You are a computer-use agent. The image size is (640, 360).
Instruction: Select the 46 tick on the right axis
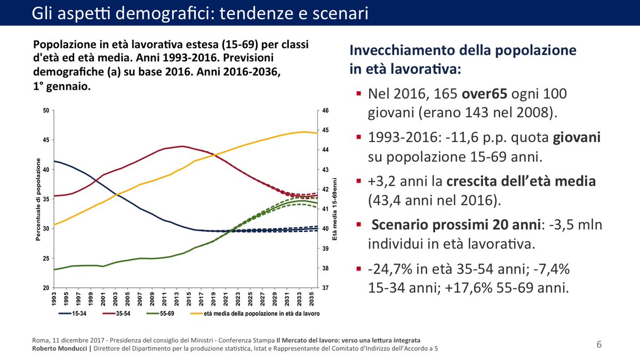(x=325, y=111)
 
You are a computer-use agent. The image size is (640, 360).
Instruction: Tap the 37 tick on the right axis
(x=325, y=288)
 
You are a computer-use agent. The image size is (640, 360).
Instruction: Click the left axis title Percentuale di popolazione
(x=38, y=199)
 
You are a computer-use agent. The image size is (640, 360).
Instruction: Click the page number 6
(x=599, y=345)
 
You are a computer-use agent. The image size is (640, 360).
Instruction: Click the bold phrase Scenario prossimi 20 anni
(x=454, y=225)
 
